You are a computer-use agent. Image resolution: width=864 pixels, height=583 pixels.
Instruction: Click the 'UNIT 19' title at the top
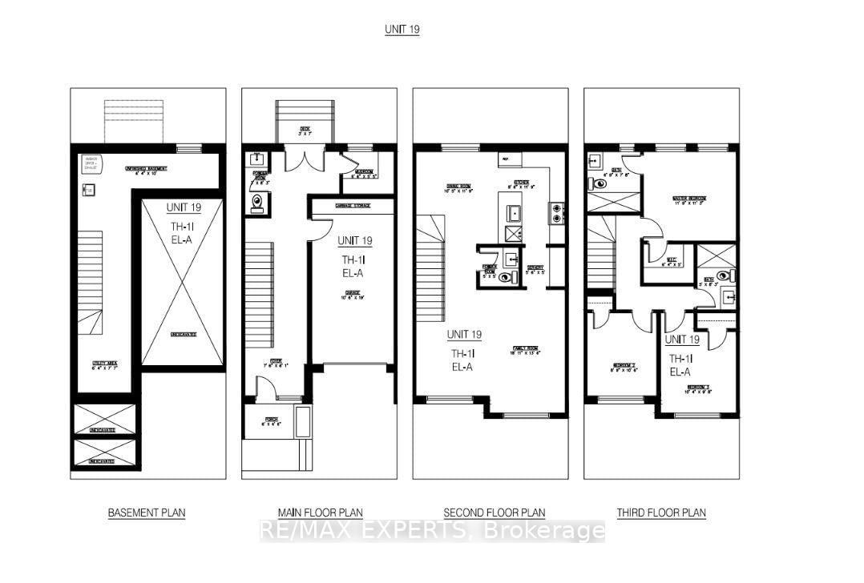[x=402, y=30]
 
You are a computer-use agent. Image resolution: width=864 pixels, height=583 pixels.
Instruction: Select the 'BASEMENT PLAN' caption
[x=147, y=513]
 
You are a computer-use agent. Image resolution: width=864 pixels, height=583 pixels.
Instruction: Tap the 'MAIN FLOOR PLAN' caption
[x=319, y=513]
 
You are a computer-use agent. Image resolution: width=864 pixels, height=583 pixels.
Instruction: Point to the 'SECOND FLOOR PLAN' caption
[x=494, y=513]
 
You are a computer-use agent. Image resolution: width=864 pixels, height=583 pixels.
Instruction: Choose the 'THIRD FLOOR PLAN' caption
[x=661, y=513]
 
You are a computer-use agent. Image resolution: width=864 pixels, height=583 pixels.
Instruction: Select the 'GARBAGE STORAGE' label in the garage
[x=352, y=206]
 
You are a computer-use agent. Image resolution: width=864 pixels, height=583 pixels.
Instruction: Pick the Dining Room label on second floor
[x=458, y=191]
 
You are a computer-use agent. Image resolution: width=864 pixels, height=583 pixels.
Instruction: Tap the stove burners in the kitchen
[x=555, y=212]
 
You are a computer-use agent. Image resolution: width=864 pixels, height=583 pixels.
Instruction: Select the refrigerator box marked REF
[x=505, y=159]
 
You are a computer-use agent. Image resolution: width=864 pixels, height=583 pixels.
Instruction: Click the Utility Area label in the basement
[x=105, y=367]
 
